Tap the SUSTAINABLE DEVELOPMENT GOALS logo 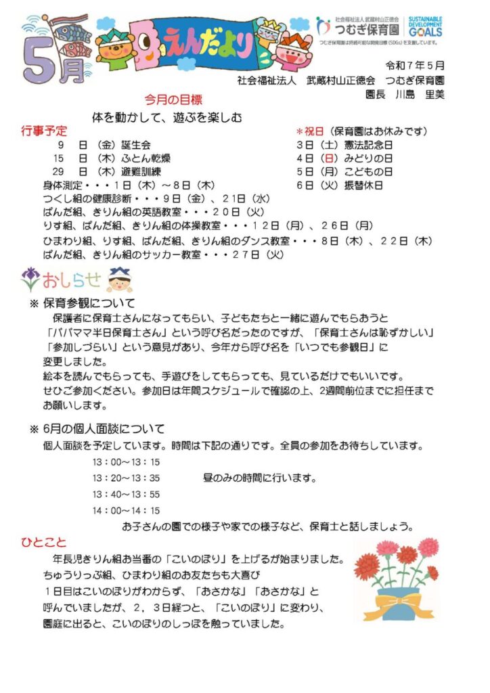coord(426,26)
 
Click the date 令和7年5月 coord(415,66)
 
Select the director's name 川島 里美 coord(420,95)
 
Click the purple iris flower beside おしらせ coord(31,277)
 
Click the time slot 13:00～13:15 coord(126,462)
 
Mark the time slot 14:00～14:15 coord(126,510)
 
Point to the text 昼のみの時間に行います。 coord(260,478)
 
